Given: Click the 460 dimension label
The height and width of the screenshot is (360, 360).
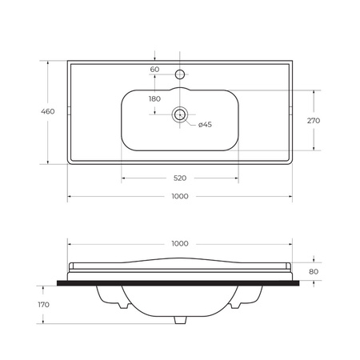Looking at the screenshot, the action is point(48,111).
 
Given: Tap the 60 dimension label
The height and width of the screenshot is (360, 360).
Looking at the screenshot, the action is point(154,70).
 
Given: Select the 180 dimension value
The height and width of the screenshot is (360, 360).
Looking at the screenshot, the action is point(154,99).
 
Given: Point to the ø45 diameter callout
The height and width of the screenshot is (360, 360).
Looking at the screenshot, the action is point(205,125).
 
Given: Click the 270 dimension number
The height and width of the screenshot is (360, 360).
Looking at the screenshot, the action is point(314,121).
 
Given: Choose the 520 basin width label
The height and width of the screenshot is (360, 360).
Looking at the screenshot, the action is point(180,178).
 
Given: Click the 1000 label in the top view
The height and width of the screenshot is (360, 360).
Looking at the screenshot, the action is point(180,197).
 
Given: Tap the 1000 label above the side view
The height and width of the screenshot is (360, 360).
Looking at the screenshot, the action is point(180,244).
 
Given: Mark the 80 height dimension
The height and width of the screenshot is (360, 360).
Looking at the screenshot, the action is point(314,272).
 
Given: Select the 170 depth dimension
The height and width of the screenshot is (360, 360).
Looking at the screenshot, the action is point(43,305).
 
